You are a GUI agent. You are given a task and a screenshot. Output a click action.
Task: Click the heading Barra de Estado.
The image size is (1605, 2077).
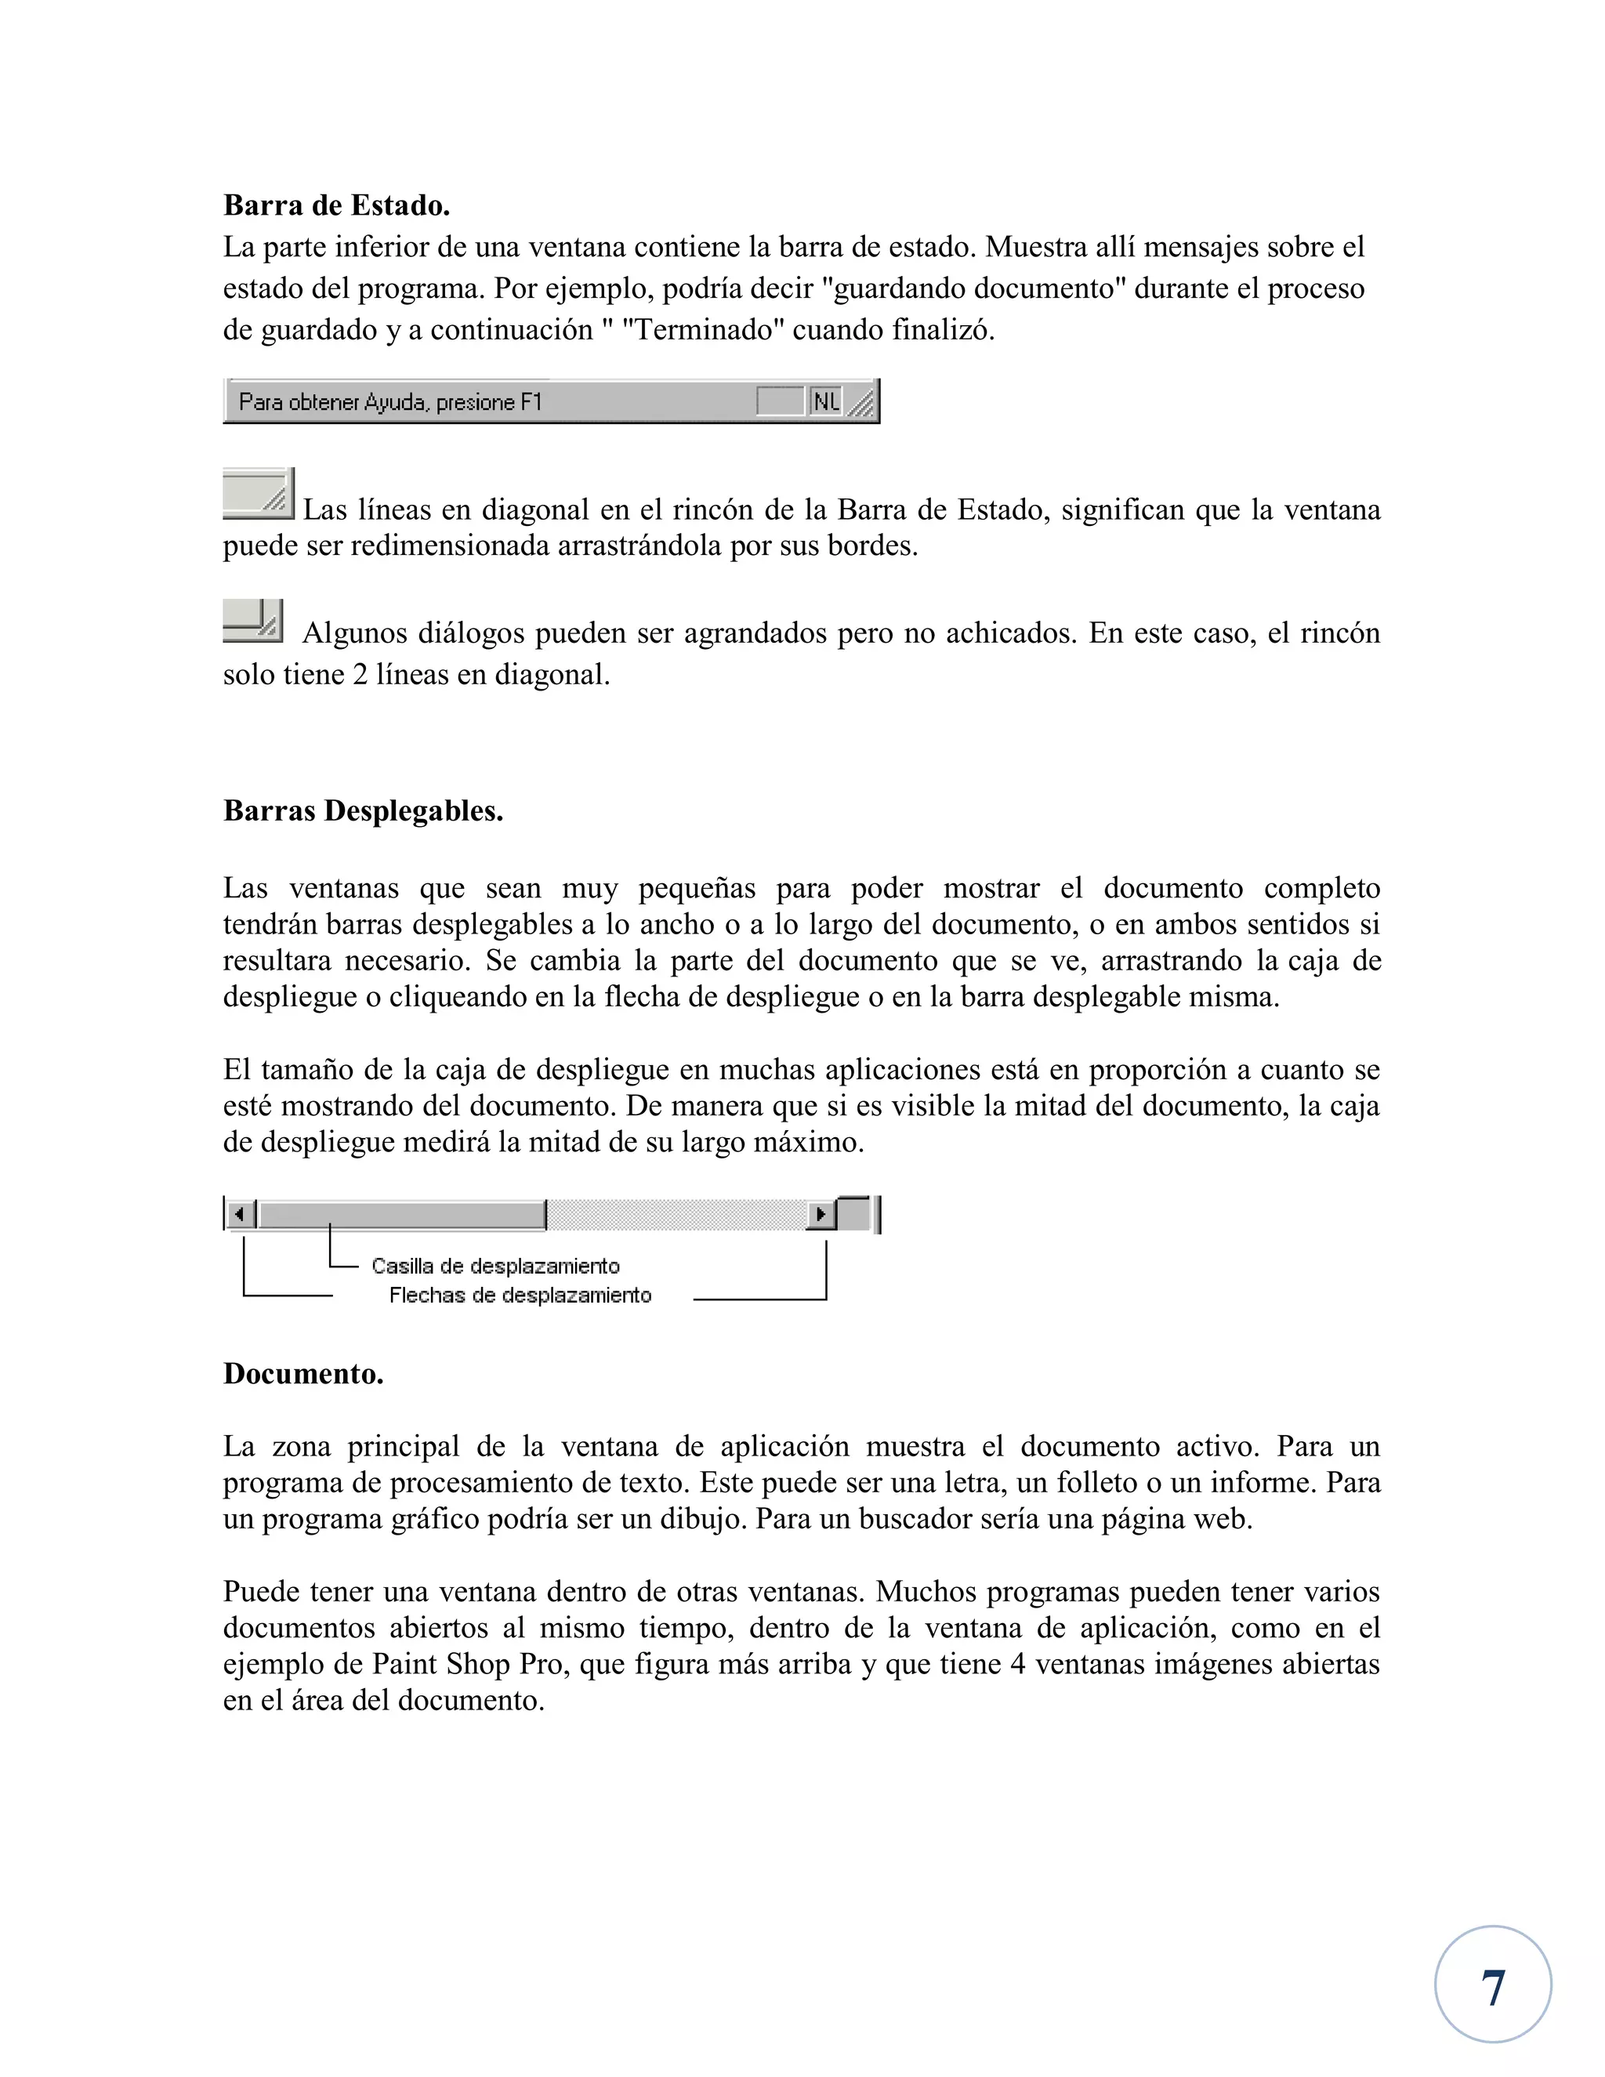point(336,205)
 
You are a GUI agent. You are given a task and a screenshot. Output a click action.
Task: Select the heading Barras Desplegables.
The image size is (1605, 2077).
point(363,810)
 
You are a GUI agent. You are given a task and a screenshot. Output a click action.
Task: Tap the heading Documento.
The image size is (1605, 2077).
point(303,1373)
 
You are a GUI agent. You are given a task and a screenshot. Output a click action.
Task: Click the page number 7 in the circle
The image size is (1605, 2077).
point(1493,1988)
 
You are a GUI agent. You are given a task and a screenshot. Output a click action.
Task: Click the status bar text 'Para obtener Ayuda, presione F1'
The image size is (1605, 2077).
point(389,402)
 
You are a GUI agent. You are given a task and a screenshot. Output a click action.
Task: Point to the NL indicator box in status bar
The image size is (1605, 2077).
point(825,402)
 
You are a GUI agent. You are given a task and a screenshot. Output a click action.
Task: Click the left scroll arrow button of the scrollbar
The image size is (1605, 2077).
point(241,1214)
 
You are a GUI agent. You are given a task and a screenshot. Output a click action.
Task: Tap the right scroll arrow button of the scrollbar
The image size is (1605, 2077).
point(821,1214)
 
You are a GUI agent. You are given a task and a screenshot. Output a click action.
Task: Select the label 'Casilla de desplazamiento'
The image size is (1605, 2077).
point(495,1266)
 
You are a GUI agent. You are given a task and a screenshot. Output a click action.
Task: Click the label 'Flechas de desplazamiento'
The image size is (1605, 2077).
point(520,1296)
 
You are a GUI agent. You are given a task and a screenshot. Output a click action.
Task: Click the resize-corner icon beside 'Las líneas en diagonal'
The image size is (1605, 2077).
point(259,494)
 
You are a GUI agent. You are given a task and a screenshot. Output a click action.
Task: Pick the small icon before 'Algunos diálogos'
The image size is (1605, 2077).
point(253,620)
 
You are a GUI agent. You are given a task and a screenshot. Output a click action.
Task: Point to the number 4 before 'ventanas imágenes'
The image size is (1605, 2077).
point(1017,1663)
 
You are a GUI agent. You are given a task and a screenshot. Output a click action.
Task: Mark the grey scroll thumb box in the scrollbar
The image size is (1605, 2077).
point(402,1214)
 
